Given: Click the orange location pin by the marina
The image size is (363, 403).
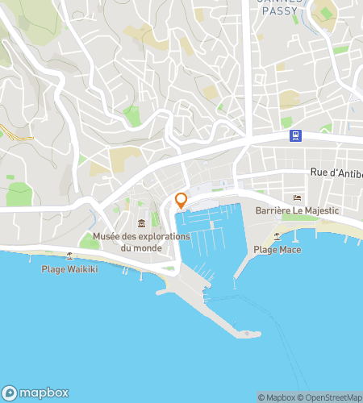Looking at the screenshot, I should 181,201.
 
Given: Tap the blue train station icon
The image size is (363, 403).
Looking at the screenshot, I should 297,135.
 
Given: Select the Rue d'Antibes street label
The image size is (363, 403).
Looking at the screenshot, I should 336,172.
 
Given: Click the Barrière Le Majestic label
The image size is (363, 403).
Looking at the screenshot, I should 296,210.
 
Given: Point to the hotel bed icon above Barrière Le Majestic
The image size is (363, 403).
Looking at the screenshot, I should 297,198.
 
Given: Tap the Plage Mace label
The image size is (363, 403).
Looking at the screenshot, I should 277,250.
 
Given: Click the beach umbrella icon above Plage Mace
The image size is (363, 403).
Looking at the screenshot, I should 277,237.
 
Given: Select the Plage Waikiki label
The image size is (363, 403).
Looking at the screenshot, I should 69,268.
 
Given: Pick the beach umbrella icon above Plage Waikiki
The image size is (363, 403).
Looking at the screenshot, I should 69,256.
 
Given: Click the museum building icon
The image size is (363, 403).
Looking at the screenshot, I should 141,223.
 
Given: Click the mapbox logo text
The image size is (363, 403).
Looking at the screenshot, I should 44,393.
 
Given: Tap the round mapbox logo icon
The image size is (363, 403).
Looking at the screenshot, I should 10,393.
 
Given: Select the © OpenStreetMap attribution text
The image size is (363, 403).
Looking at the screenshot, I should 331,397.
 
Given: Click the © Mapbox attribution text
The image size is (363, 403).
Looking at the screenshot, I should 277,397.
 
